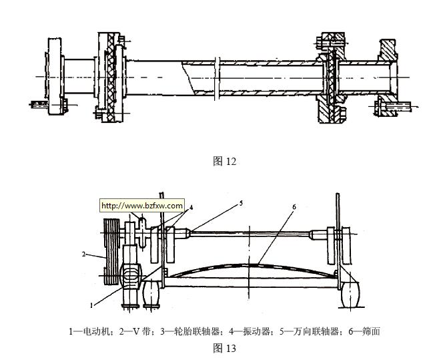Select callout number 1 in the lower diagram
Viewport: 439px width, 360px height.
92,304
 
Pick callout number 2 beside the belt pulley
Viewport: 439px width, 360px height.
84,254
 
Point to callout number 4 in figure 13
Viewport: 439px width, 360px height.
191,207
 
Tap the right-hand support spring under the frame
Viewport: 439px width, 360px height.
351,295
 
